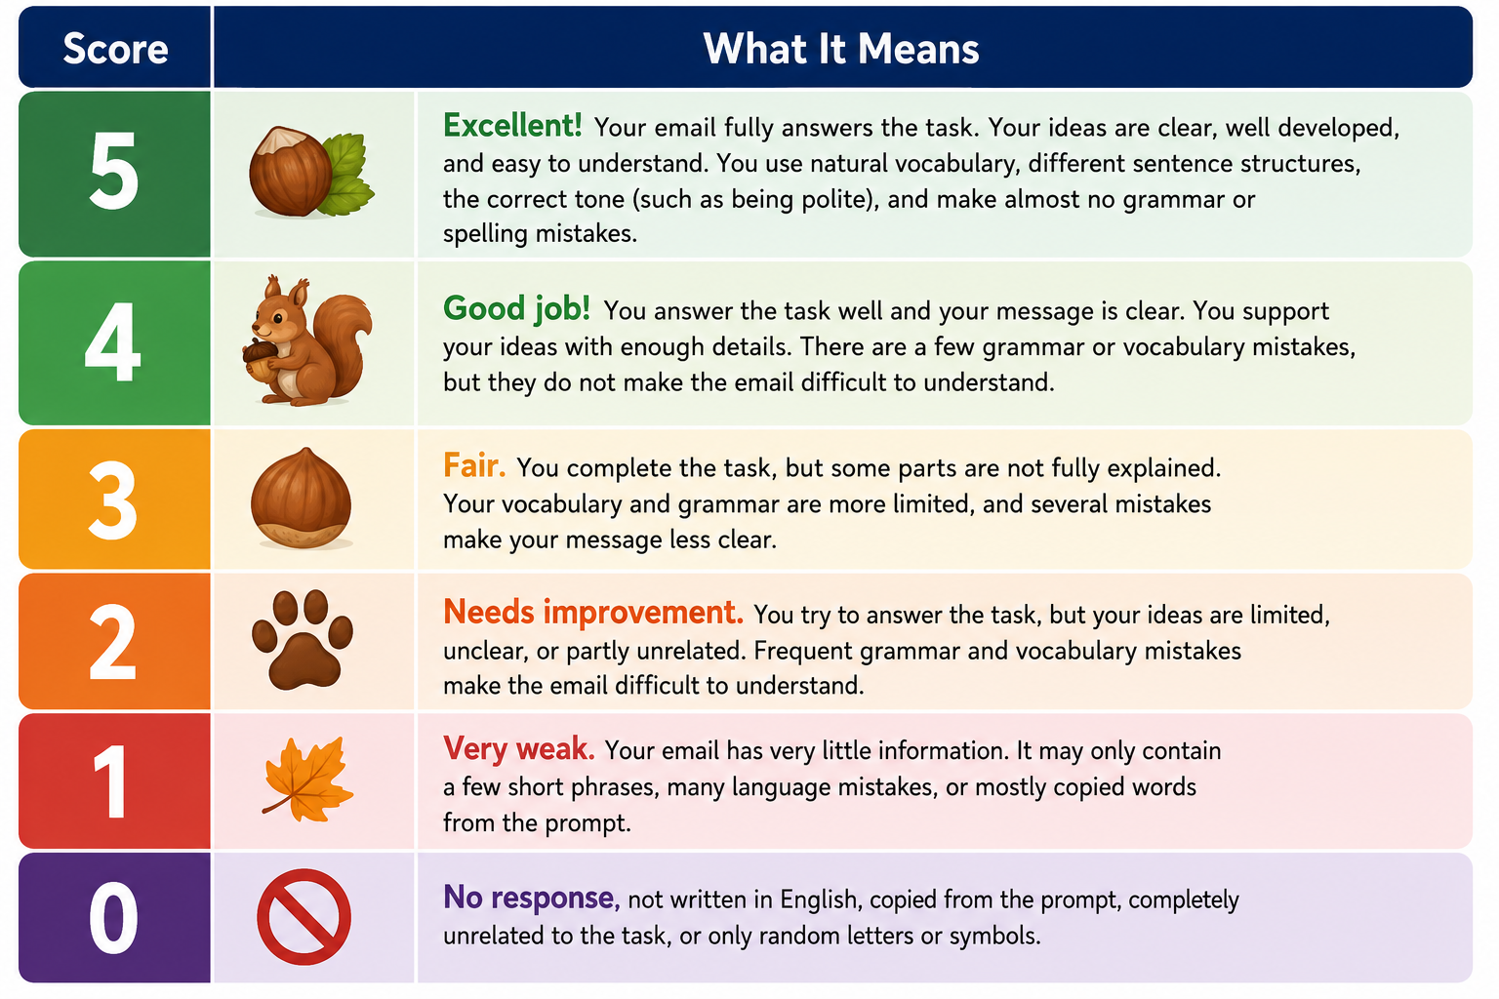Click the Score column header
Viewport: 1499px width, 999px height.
coord(115,49)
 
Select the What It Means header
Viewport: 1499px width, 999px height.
coord(841,49)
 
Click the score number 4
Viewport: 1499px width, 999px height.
coord(112,341)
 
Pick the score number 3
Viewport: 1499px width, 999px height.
coord(113,499)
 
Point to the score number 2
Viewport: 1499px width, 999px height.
coord(112,641)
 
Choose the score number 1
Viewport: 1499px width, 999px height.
coord(110,780)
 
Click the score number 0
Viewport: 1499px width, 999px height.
coord(113,917)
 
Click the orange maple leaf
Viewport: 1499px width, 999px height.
coord(307,779)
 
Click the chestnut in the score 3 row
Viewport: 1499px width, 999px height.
coord(302,499)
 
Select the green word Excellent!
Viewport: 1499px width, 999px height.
coord(512,125)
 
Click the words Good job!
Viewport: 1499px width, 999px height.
coord(516,309)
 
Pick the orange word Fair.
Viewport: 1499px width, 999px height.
coord(473,465)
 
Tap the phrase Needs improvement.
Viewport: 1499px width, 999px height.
coord(593,613)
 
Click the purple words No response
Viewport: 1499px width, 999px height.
coord(531,898)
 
